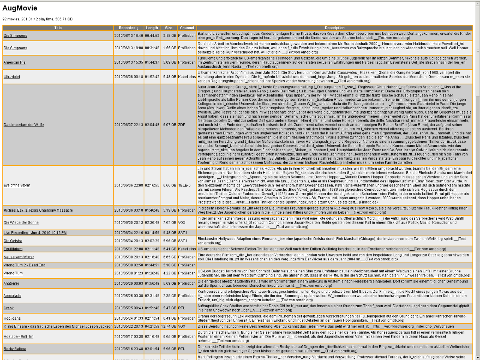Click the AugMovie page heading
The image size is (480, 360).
[20, 8]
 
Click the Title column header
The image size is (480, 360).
[58, 28]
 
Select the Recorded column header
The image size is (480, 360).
[128, 28]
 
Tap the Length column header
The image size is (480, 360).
[152, 28]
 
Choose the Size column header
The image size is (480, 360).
[169, 28]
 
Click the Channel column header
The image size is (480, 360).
[187, 28]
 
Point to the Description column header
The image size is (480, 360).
[335, 28]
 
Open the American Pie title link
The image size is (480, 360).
[14, 62]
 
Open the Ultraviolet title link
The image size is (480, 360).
[12, 76]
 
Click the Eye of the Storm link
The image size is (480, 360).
[17, 186]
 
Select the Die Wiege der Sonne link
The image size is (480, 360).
[21, 222]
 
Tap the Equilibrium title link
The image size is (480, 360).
[13, 249]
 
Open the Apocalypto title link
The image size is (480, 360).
[12, 296]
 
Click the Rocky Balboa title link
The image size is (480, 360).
[14, 349]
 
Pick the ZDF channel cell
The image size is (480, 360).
[181, 125]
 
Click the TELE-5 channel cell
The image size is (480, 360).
[184, 186]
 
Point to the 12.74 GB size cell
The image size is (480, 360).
[169, 326]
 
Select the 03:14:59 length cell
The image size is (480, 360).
[152, 232]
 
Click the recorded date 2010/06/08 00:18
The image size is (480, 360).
[128, 76]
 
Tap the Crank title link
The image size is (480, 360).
[8, 308]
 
